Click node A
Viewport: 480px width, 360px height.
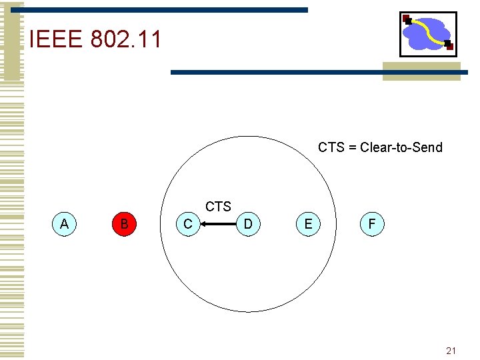coord(64,224)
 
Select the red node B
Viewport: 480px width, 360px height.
coord(124,224)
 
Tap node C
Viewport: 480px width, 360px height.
coord(187,224)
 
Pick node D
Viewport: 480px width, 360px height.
coord(248,224)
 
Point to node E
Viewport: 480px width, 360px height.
coord(308,224)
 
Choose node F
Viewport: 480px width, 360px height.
coord(371,224)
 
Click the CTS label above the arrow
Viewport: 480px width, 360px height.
coord(218,207)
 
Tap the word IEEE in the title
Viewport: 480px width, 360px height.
coord(55,40)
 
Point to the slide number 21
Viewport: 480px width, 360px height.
coord(451,351)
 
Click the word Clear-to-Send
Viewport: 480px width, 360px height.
coord(401,147)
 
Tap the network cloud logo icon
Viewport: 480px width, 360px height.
coord(427,34)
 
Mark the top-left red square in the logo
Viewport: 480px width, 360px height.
coord(406,19)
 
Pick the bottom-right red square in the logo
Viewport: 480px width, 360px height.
coord(449,46)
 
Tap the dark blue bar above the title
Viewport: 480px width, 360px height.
coord(167,10)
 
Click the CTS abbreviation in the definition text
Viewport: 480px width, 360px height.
coord(331,147)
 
